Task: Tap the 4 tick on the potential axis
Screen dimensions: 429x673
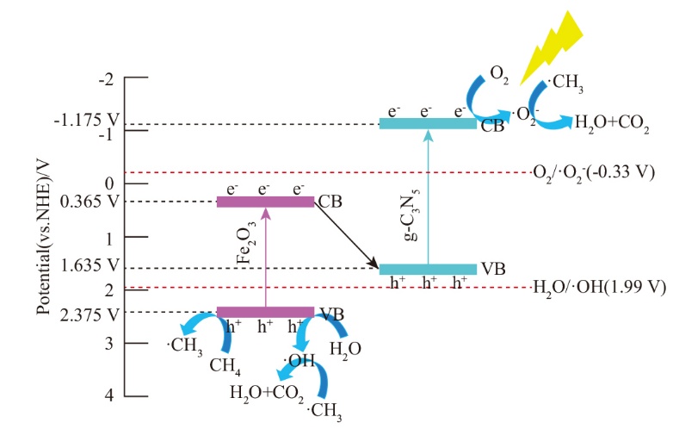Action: click(x=108, y=396)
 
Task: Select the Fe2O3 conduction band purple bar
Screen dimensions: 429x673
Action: click(x=265, y=202)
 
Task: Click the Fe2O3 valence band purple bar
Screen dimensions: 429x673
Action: click(x=265, y=312)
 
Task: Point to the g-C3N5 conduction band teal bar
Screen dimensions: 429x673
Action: click(x=428, y=123)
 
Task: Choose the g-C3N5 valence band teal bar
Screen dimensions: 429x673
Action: click(x=428, y=269)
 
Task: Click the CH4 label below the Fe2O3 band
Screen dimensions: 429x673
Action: click(x=225, y=366)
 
